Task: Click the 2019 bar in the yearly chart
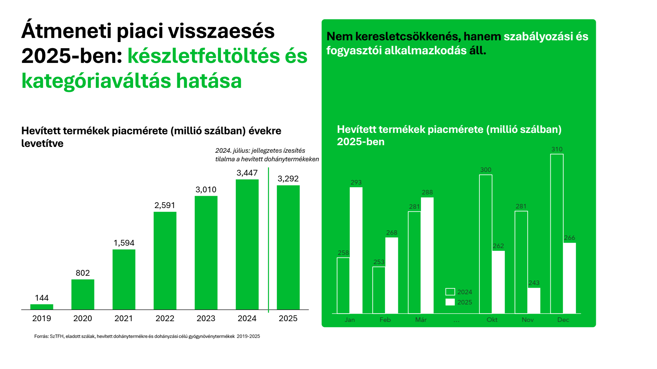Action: pos(42,307)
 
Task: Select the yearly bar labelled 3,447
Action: pos(247,244)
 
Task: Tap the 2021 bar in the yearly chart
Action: pos(124,279)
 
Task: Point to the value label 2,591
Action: pos(165,205)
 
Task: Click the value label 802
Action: pos(83,273)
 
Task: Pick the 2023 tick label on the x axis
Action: pos(206,318)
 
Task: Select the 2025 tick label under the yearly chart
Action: pos(288,318)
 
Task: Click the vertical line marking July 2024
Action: pos(269,239)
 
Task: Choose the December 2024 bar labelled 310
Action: pos(557,234)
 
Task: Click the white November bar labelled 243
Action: pos(534,301)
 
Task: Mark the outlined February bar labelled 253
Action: pos(379,290)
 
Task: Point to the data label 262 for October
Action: pos(498,246)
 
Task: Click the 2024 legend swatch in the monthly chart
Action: pos(450,292)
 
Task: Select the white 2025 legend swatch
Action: pos(450,302)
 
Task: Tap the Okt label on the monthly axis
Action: pos(492,320)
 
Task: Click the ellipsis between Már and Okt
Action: pos(456,320)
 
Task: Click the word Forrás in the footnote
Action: pos(41,337)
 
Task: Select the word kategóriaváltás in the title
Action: pos(96,81)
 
